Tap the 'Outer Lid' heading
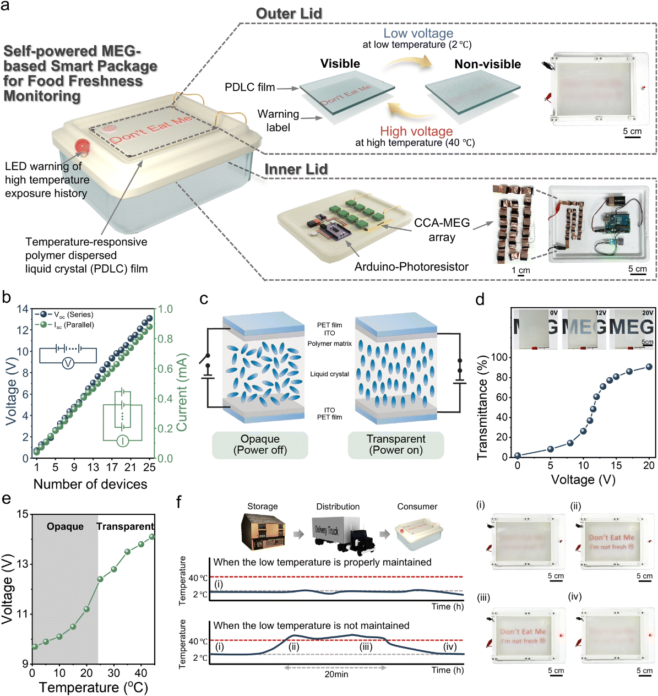pos(289,14)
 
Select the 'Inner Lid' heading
pos(296,169)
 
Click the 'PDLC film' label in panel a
pos(249,87)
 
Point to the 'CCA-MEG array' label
pos(442,230)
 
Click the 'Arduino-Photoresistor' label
pos(411,267)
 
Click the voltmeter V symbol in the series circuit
pos(68,363)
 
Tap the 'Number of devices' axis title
pos(90,484)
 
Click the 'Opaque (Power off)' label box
pos(260,444)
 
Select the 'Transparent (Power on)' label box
pos(396,444)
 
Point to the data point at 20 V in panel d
pos(649,367)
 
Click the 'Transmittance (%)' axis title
pos(483,407)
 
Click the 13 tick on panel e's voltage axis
pos(22,564)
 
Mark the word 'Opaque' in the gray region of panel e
pos(65,526)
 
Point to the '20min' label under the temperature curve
pos(336,674)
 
